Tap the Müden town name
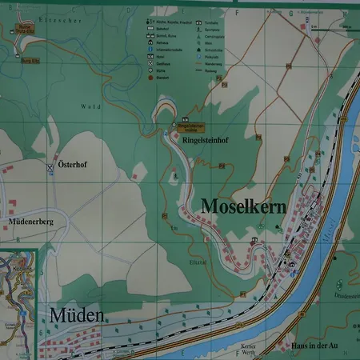pyautogui.click(x=77, y=315)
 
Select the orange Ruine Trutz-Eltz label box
pyautogui.click(x=23, y=28)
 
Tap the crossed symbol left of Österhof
pyautogui.click(x=50, y=167)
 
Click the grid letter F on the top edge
pyautogui.click(x=237, y=13)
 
